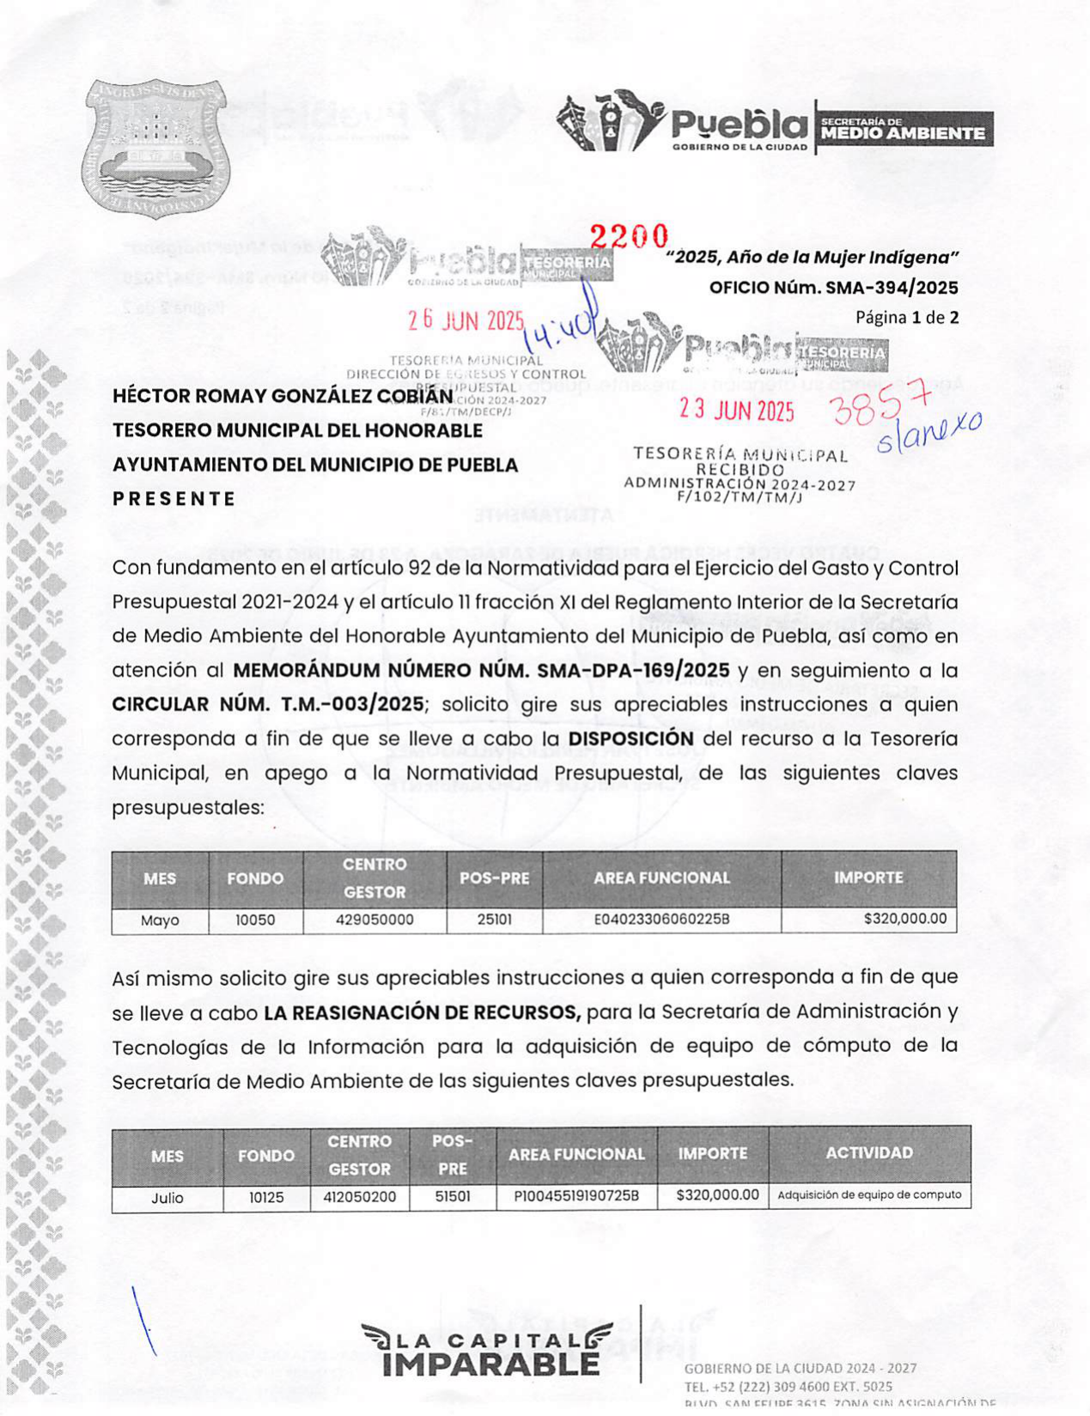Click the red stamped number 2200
click(629, 235)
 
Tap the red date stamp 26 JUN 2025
click(466, 320)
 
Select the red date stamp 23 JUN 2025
click(737, 410)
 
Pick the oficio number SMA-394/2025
click(833, 288)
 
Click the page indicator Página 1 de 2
click(906, 317)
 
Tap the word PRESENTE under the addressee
click(174, 499)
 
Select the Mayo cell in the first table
click(160, 920)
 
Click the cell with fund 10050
click(255, 920)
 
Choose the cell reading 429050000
click(374, 920)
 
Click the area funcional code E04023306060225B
click(661, 920)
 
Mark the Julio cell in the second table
click(167, 1197)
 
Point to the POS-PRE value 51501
click(453, 1196)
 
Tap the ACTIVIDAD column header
click(869, 1153)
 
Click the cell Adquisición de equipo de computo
click(869, 1194)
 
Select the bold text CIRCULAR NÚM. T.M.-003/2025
click(268, 704)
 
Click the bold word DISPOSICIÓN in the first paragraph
click(631, 738)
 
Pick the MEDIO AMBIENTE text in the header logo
click(904, 133)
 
